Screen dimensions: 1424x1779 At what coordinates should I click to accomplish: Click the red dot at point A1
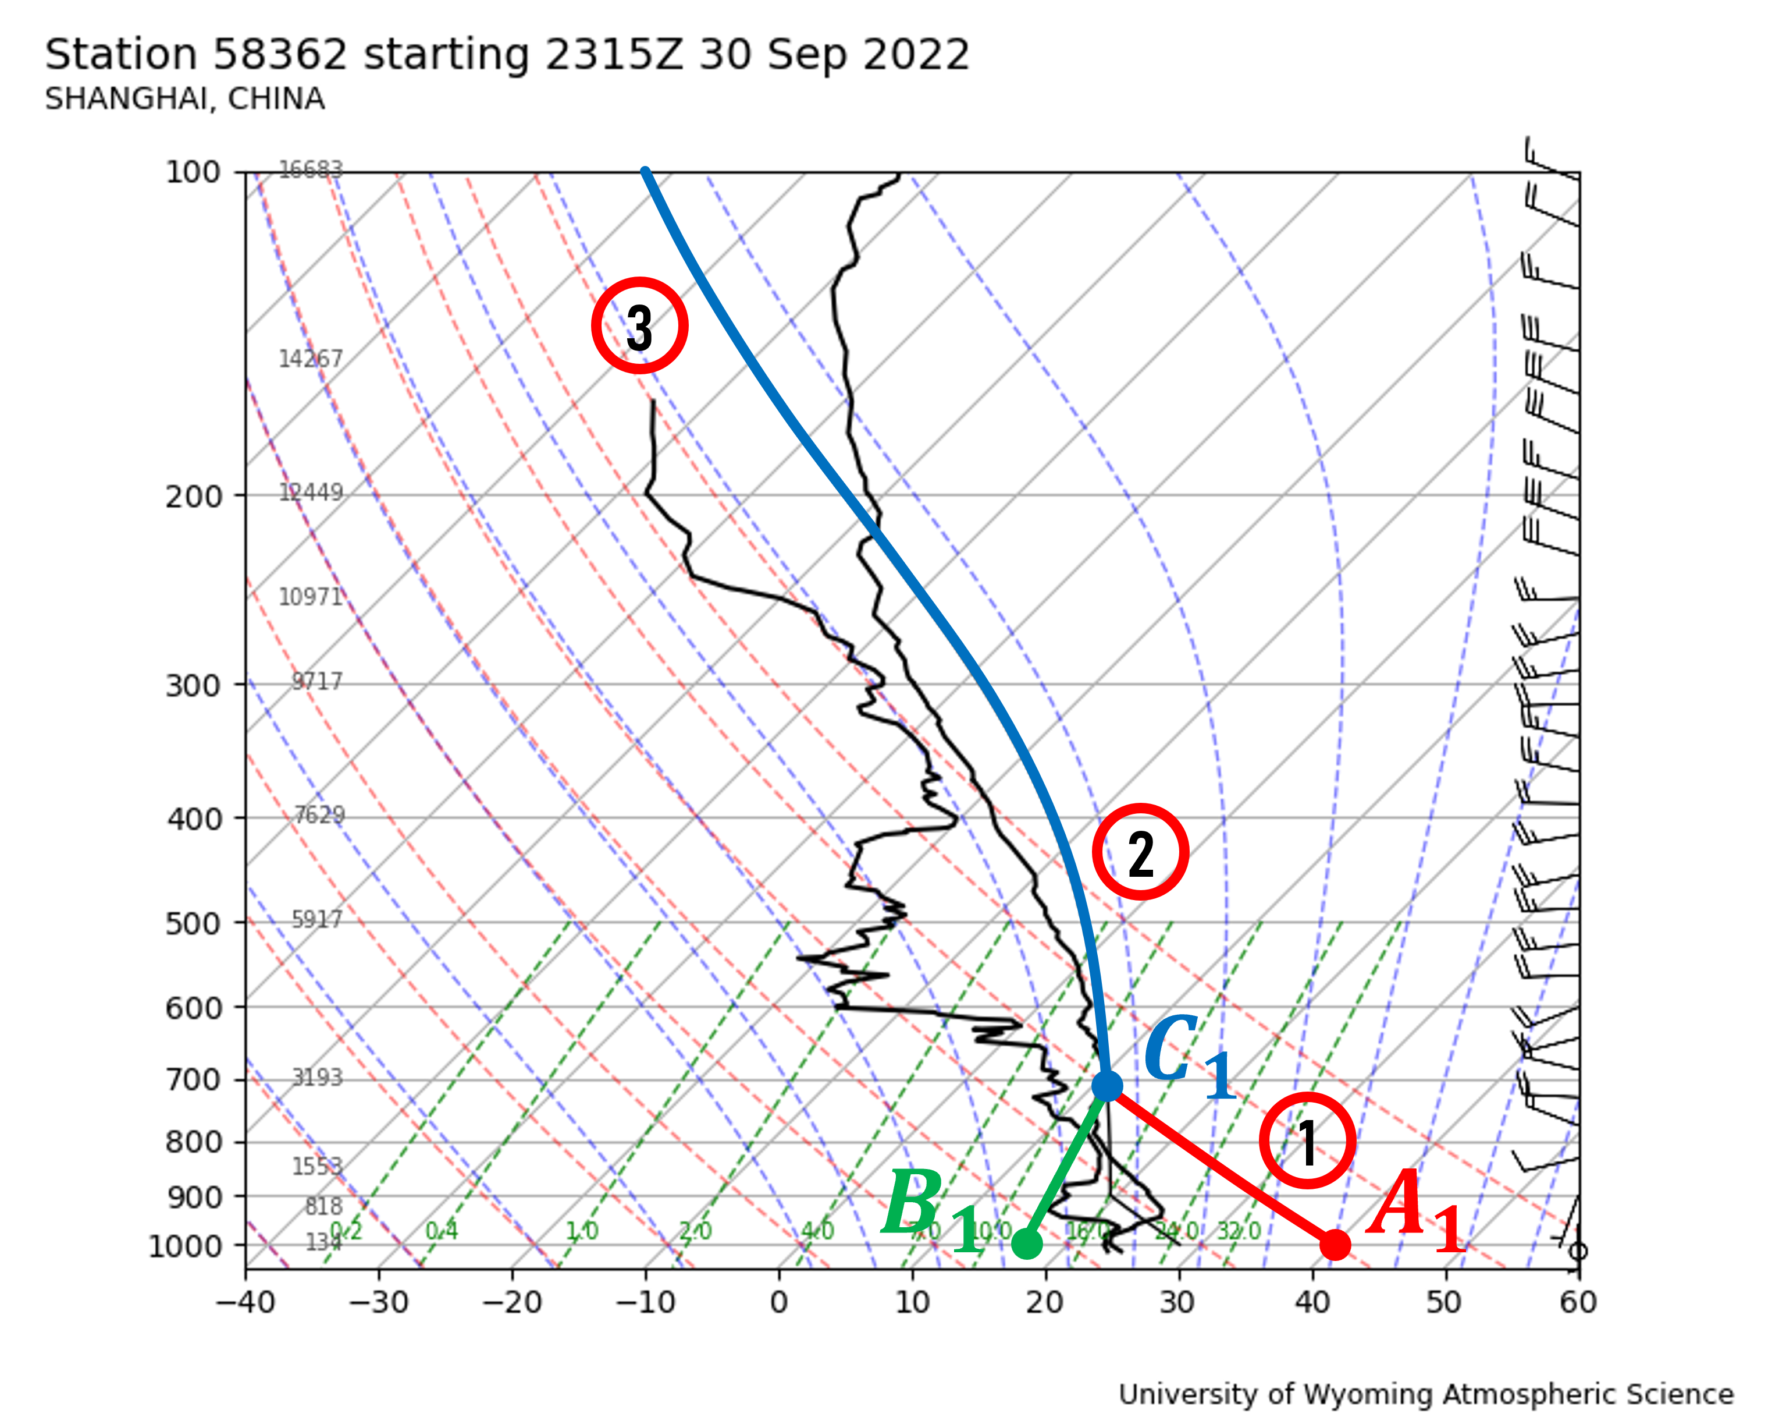tap(1335, 1244)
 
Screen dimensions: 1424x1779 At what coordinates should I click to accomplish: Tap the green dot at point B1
tap(1026, 1243)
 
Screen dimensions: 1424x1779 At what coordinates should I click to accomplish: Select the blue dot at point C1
tap(1106, 1086)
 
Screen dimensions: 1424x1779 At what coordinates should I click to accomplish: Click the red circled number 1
tap(1307, 1141)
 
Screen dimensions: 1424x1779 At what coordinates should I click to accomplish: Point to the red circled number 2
tap(1140, 852)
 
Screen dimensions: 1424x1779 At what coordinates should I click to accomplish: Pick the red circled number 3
tap(639, 325)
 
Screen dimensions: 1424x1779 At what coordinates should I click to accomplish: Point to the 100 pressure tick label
tap(193, 172)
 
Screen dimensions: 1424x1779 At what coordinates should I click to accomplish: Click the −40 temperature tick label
tap(245, 1303)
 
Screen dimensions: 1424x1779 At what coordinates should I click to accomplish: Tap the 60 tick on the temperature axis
tap(1578, 1303)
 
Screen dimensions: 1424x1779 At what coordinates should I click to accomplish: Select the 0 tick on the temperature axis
tap(779, 1303)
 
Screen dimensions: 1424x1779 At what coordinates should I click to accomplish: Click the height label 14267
tap(310, 359)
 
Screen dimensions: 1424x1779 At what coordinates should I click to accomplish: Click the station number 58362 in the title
tap(280, 55)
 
